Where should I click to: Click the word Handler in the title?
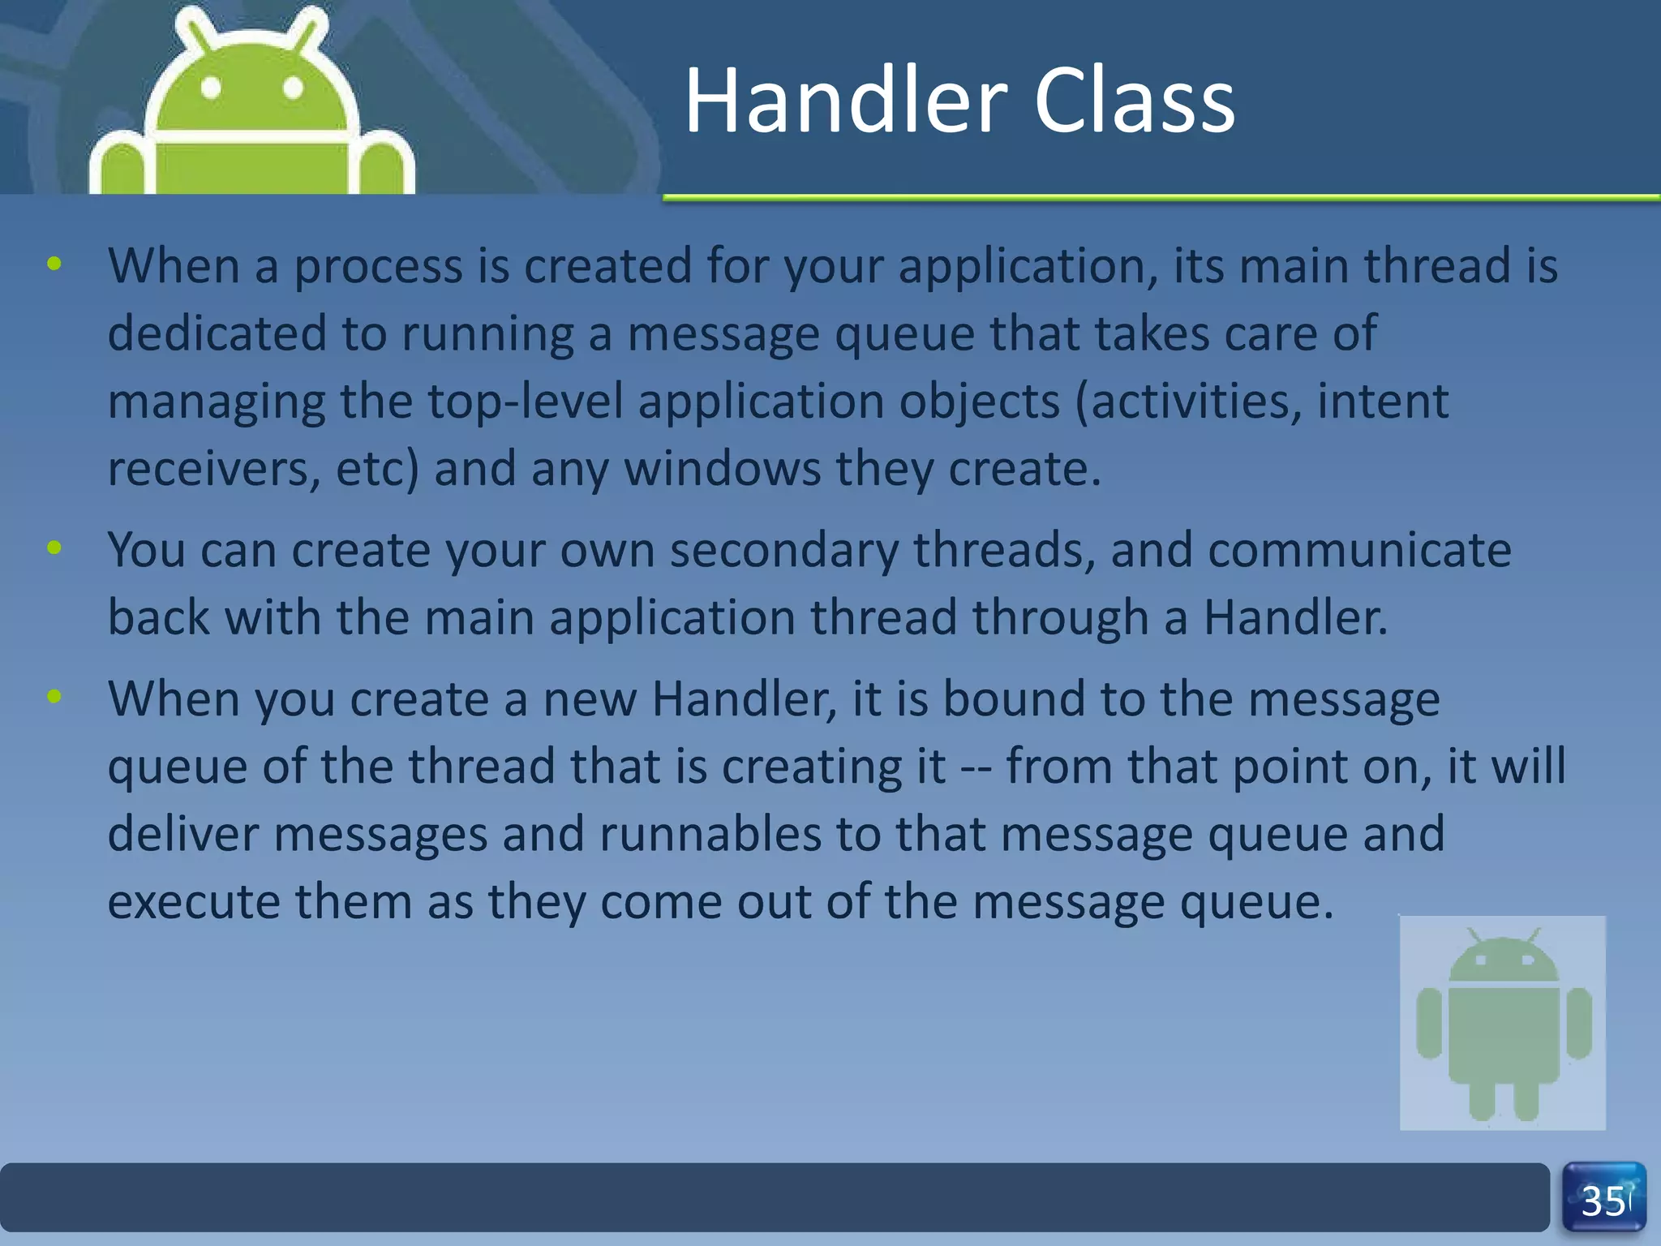coord(846,101)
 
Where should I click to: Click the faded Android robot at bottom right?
coord(1503,1024)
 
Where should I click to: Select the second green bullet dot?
coord(54,548)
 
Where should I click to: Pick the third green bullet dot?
coord(54,696)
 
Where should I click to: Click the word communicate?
coord(1359,551)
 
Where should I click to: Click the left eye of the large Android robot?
coord(211,88)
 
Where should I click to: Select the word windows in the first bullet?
coord(723,470)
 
